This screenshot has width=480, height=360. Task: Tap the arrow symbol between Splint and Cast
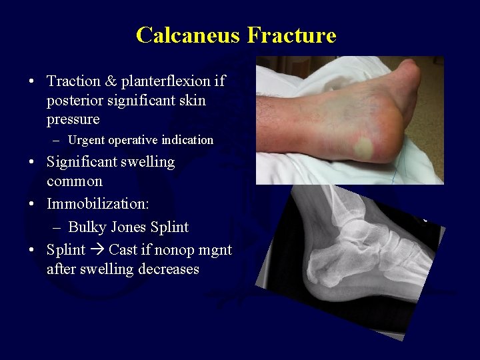coord(97,250)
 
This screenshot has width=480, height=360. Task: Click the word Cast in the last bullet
coord(124,250)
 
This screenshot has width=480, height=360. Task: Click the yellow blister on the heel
coord(363,147)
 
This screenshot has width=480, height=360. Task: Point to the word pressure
coord(73,120)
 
